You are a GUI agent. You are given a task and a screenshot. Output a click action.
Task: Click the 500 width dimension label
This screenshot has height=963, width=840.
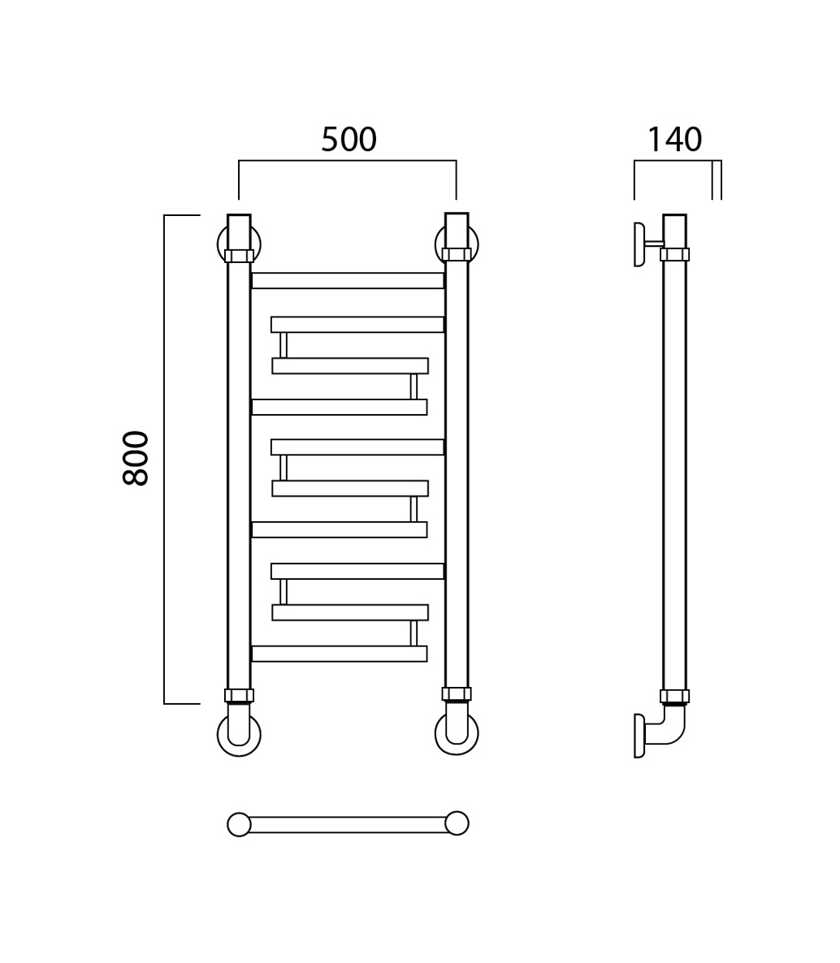(349, 140)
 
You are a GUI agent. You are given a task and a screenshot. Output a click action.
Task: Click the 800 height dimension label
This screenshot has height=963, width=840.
(136, 458)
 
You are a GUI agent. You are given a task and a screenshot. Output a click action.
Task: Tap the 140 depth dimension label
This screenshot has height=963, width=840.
(674, 140)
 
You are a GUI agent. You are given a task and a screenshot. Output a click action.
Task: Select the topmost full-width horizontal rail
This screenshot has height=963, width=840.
(347, 281)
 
